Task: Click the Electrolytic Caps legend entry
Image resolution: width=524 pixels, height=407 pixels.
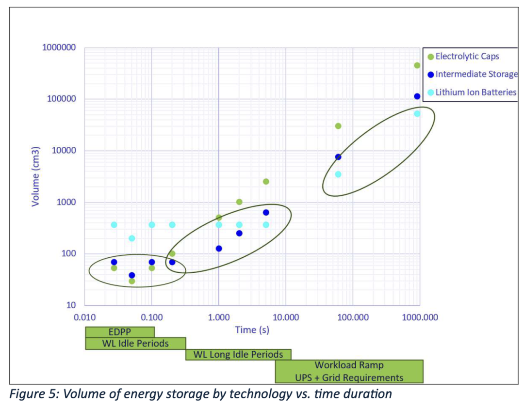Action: click(467, 56)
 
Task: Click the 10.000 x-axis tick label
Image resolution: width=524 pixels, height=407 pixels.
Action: click(285, 318)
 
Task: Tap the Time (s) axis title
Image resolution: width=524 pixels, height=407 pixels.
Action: click(252, 330)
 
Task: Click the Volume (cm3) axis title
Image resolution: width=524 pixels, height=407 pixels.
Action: click(35, 176)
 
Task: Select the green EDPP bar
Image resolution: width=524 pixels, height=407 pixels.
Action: click(120, 332)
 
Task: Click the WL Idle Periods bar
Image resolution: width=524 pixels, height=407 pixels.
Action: click(135, 344)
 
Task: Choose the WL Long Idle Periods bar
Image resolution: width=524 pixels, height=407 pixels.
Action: click(238, 354)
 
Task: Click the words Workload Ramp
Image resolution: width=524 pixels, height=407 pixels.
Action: click(349, 365)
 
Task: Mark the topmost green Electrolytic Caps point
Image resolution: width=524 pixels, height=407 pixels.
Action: click(417, 65)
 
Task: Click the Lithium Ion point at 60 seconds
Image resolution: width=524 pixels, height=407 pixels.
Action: click(338, 174)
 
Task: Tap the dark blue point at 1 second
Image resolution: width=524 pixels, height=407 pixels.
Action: click(219, 249)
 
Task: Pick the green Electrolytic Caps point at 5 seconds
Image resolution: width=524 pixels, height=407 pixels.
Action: click(266, 182)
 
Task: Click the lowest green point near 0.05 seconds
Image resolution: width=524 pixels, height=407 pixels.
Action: click(132, 281)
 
